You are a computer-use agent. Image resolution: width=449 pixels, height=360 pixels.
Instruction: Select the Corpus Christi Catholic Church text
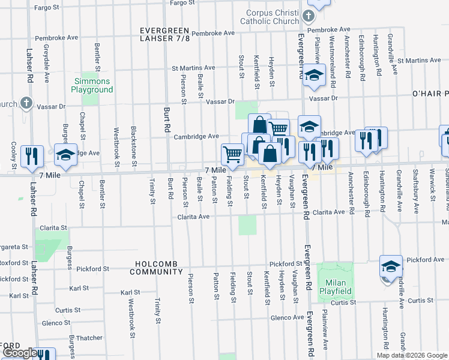[273, 17]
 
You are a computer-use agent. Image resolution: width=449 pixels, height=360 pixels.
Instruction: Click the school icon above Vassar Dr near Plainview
[313, 75]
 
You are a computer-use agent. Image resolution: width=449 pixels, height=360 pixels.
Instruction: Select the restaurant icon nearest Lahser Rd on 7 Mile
[32, 155]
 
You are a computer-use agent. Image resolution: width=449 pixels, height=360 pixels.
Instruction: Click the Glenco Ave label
[286, 317]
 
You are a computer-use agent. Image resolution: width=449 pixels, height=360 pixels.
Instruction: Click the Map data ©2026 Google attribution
[411, 355]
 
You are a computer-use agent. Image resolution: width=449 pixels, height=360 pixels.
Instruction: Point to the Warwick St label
[432, 188]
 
